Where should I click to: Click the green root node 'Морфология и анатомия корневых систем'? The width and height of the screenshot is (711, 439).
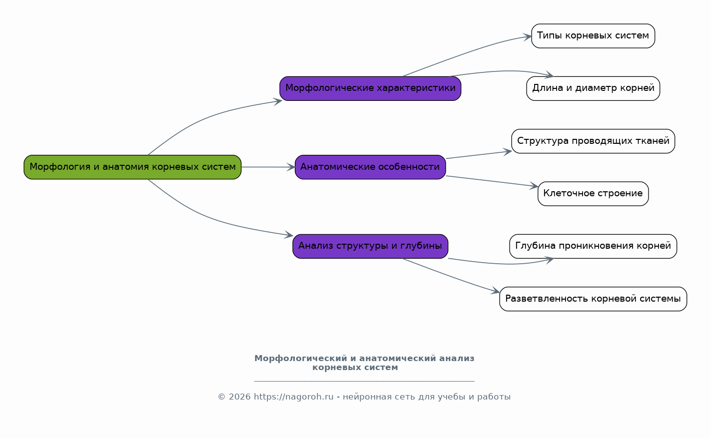point(132,167)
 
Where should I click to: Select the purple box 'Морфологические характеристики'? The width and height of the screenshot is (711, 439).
point(370,88)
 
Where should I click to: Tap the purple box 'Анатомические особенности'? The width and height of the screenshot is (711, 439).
point(370,167)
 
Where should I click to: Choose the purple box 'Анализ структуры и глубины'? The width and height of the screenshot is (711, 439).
point(370,246)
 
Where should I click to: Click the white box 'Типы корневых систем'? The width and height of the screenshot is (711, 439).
point(593,36)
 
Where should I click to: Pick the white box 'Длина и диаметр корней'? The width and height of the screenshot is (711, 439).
point(593,88)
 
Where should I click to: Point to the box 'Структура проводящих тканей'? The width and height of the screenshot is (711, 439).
point(593,141)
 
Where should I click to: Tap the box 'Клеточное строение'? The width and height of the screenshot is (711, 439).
point(593,194)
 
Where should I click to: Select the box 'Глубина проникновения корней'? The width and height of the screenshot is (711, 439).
point(593,246)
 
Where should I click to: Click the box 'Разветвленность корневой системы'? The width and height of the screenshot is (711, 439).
point(593,299)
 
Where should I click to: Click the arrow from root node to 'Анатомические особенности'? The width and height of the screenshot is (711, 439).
point(268,167)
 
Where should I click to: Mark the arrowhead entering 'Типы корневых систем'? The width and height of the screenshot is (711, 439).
point(528,37)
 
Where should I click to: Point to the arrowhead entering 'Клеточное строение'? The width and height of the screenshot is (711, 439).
point(534,186)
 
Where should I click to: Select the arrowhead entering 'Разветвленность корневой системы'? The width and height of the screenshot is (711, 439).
point(496,291)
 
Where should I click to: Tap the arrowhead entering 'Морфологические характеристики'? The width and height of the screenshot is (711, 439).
point(278,101)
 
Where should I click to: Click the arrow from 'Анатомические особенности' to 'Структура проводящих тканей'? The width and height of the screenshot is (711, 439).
point(479,155)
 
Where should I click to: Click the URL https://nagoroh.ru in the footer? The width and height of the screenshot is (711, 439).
point(294,397)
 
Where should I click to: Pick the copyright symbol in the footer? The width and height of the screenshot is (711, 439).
point(221,397)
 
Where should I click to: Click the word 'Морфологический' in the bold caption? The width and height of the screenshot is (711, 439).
point(301,359)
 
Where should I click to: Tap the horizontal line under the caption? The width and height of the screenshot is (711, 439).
point(364,381)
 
